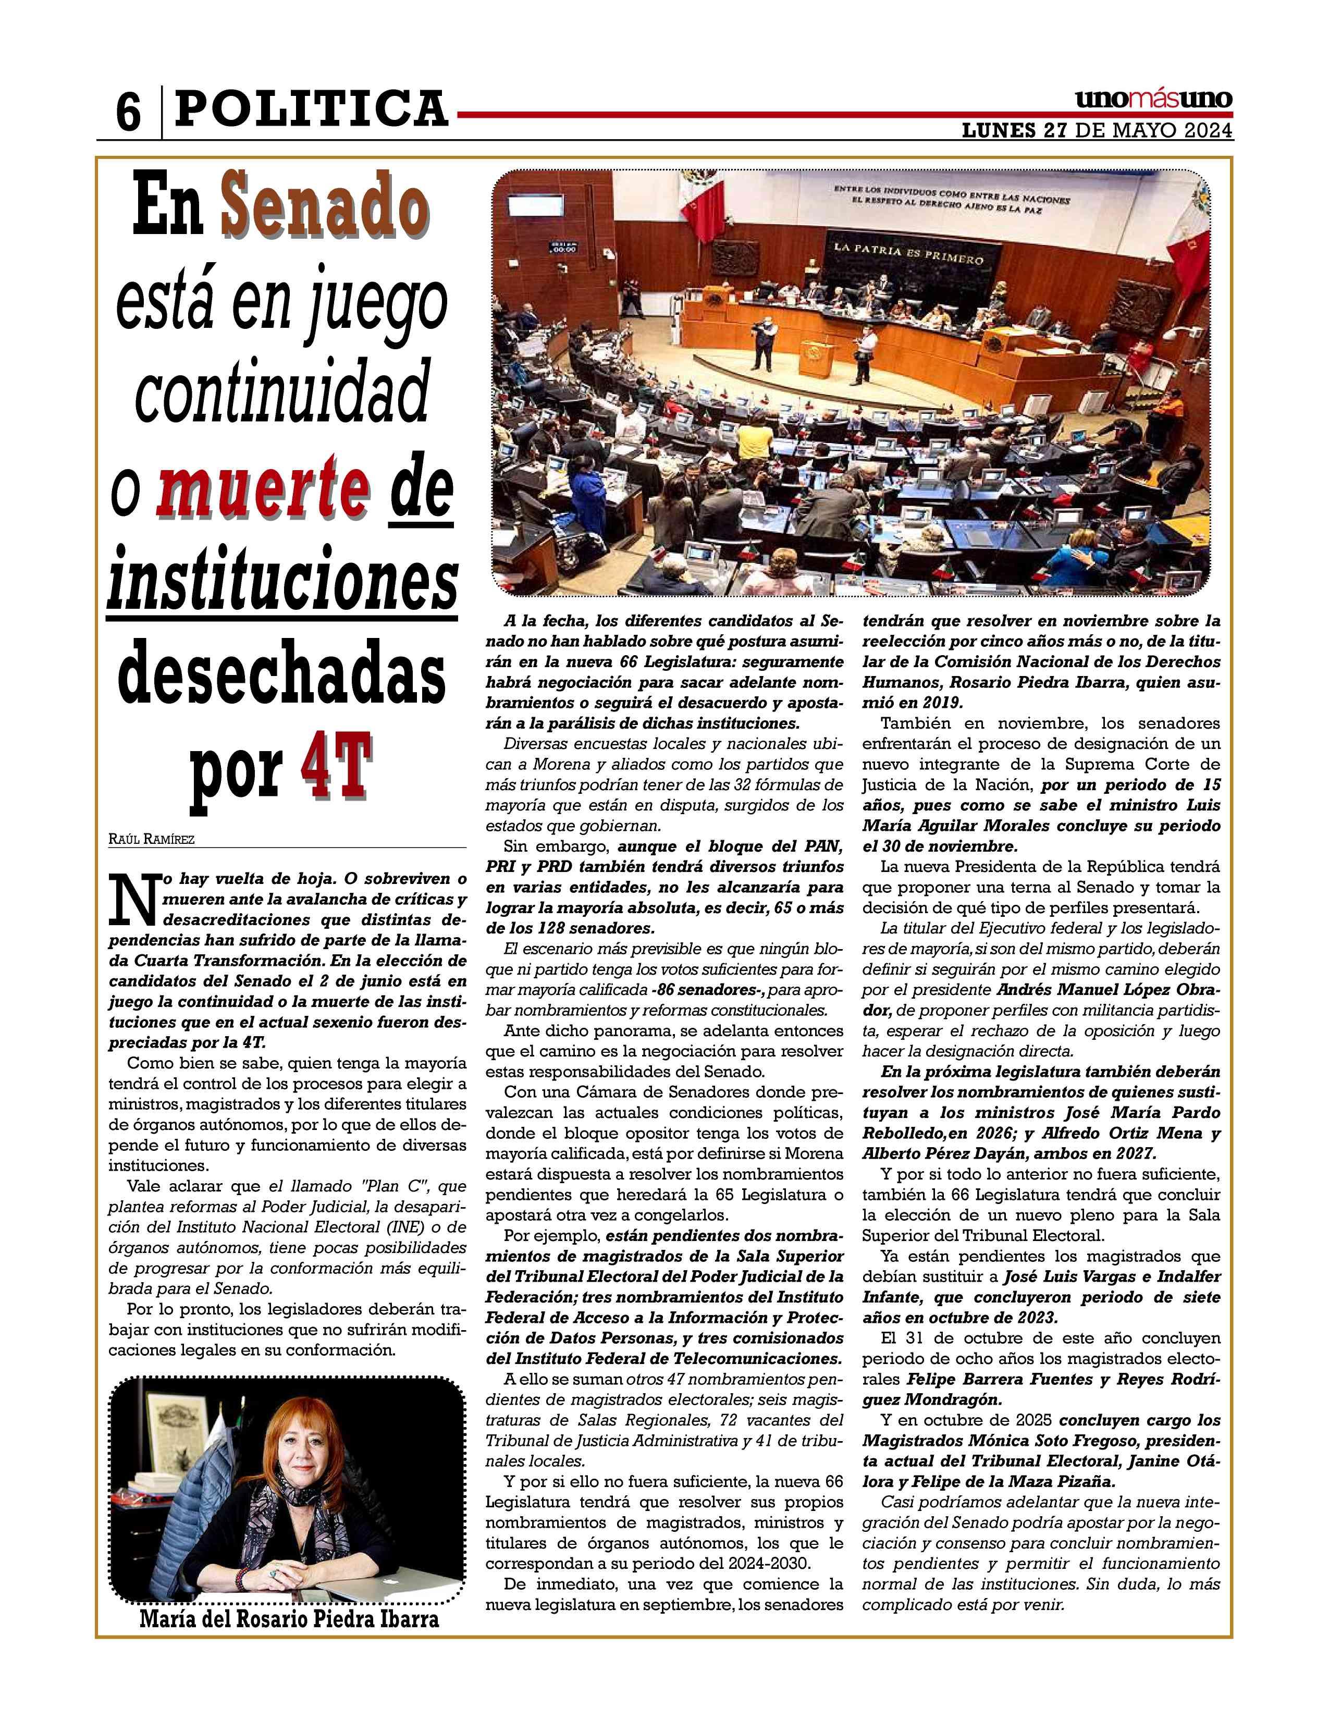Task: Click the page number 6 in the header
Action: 128,112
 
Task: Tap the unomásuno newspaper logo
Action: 1153,100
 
